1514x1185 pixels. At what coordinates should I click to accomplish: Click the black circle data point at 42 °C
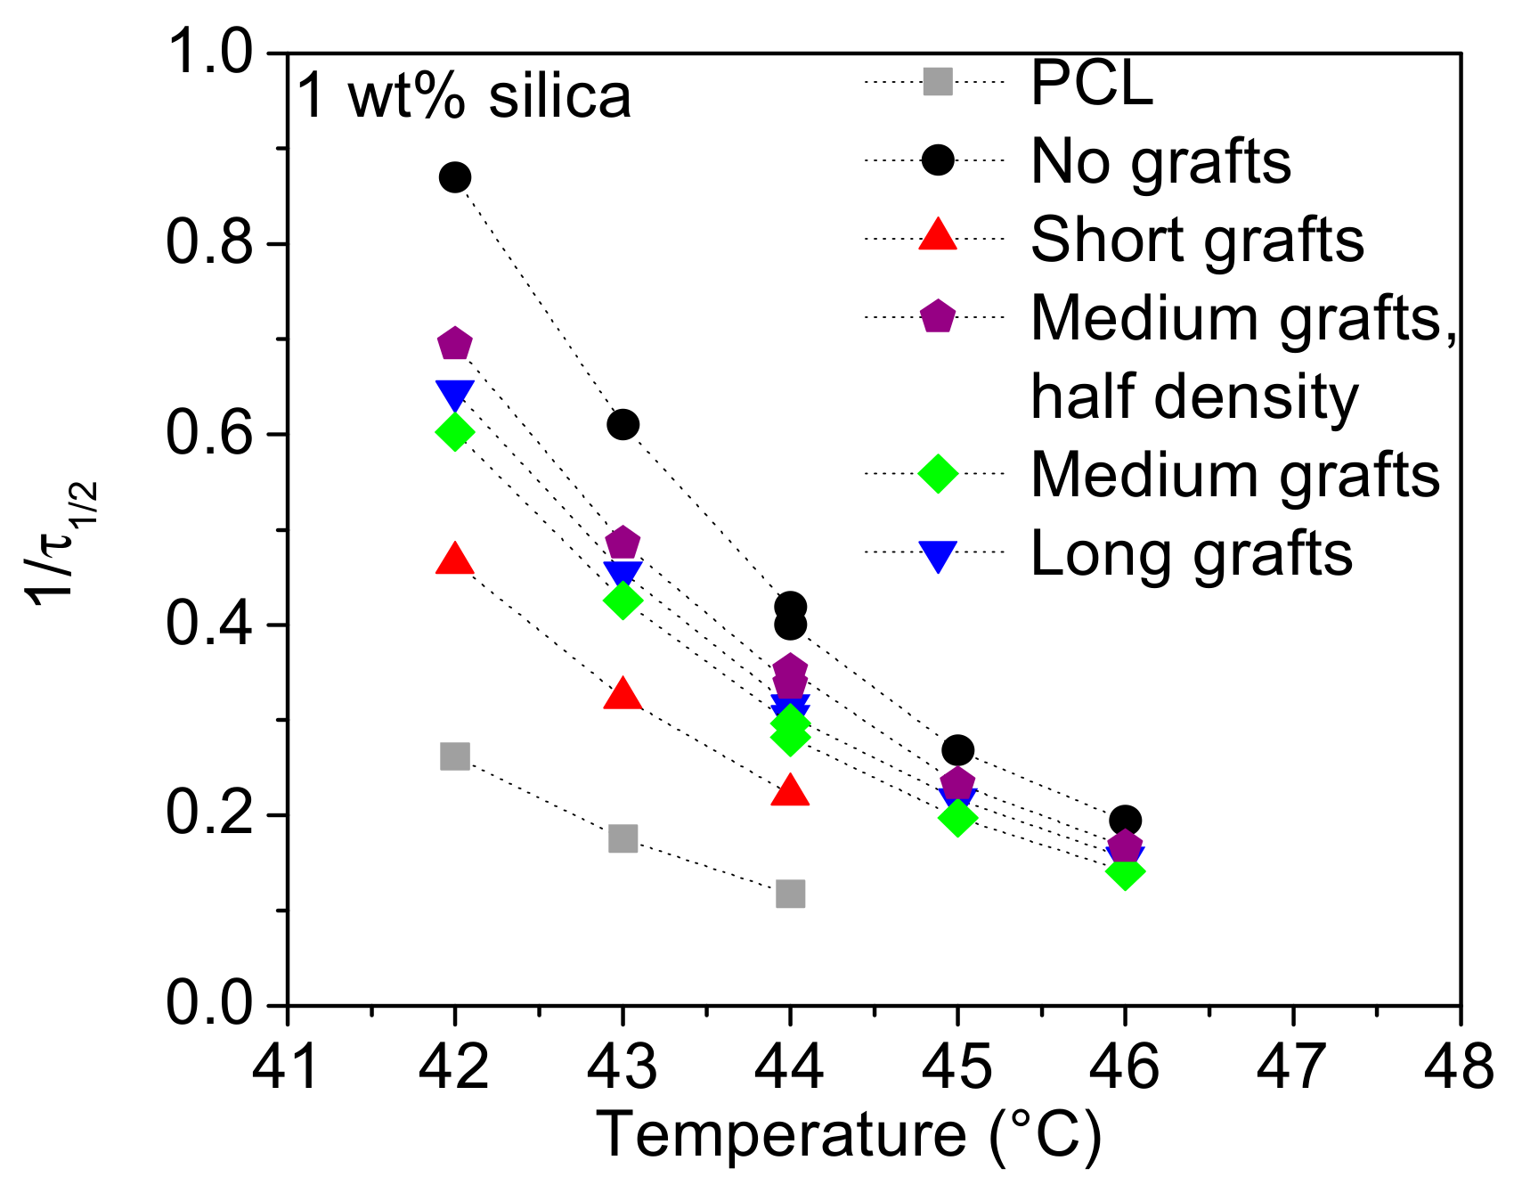454,177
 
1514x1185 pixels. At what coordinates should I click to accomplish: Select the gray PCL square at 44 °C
790,894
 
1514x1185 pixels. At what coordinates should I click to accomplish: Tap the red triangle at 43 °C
623,695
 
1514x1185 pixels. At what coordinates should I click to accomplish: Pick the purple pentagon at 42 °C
454,344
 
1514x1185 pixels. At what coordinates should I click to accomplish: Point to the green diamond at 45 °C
957,817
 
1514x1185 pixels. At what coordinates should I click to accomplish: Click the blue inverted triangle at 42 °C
454,394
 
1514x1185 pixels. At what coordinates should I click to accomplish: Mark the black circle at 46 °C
1125,820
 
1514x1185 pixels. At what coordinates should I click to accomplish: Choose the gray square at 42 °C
454,756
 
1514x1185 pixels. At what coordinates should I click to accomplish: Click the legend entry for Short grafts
1196,240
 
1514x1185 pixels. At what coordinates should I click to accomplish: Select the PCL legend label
1092,84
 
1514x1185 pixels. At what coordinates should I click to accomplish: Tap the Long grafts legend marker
937,555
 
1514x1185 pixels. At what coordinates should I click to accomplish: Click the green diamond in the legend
937,473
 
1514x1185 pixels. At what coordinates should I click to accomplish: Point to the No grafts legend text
1160,162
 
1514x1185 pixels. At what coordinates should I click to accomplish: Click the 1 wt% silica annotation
463,95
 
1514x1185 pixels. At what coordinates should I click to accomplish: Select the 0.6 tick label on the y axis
210,435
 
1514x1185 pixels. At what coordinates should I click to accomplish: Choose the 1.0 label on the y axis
210,53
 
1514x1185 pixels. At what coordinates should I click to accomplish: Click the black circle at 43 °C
623,424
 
